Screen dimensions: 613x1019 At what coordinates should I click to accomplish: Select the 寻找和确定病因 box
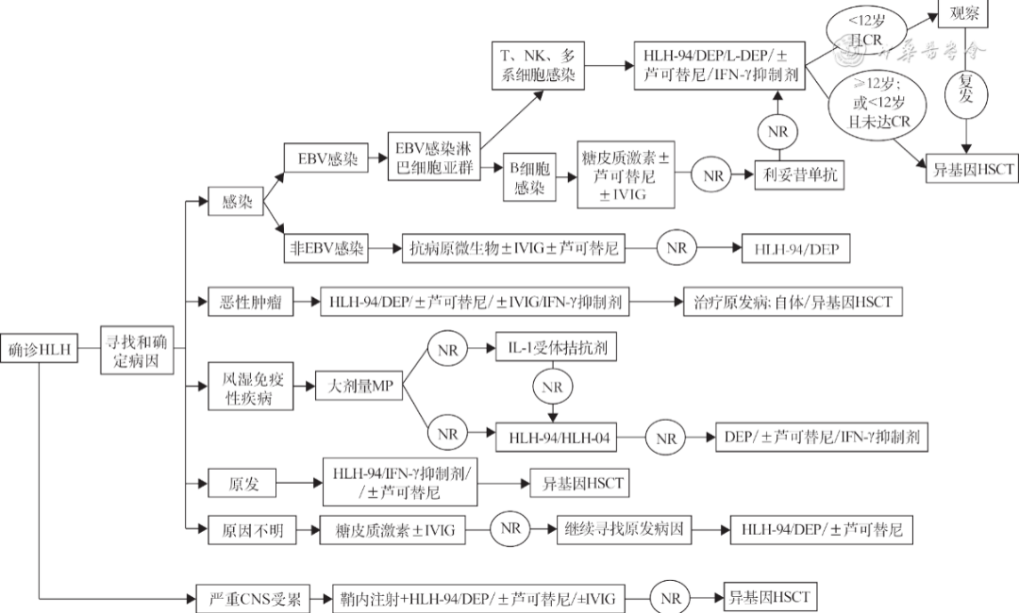(137, 349)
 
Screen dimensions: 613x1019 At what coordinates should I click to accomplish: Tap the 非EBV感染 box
(326, 249)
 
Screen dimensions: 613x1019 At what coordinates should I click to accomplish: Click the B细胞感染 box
(530, 175)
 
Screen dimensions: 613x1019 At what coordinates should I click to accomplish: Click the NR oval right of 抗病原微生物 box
(677, 249)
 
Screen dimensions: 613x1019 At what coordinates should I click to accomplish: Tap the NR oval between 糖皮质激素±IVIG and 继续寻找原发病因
(510, 530)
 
